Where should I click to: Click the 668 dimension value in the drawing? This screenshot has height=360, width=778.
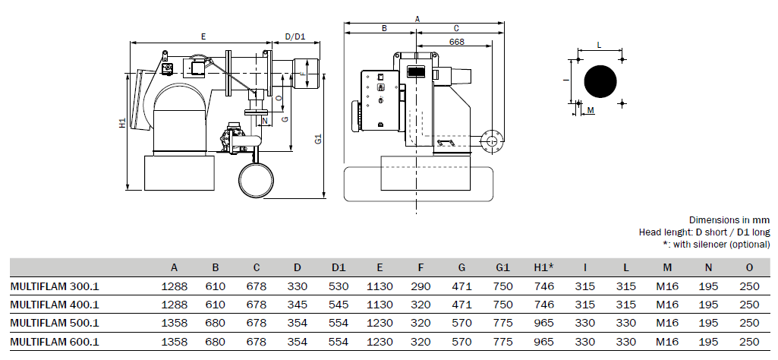coord(456,42)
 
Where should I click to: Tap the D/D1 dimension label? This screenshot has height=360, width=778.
coord(295,36)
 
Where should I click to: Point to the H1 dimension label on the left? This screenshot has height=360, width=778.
coord(122,123)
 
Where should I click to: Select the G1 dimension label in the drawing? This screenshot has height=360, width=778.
coord(319,139)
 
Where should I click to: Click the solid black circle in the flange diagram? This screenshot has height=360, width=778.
coord(600,81)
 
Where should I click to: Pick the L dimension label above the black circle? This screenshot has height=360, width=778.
coord(599,45)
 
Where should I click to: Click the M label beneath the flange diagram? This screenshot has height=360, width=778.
coord(591,110)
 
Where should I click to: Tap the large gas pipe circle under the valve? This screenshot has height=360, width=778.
coord(256,180)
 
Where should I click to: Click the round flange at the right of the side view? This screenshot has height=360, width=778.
coord(491,141)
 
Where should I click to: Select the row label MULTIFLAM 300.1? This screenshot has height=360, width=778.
coord(55,286)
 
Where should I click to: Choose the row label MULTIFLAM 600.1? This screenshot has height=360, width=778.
coord(55,342)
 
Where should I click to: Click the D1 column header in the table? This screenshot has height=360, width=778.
coord(339,267)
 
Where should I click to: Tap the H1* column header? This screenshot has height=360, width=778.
coord(543,267)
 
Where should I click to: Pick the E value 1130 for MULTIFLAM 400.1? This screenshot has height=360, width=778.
coord(380,305)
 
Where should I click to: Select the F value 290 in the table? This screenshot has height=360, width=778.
coord(420,286)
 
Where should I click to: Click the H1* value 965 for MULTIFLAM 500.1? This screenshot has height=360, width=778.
coord(543,324)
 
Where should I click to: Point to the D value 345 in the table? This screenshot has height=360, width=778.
coord(298,305)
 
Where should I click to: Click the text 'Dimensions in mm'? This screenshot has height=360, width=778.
coord(729,220)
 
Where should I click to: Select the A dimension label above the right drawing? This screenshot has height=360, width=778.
coord(417,19)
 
